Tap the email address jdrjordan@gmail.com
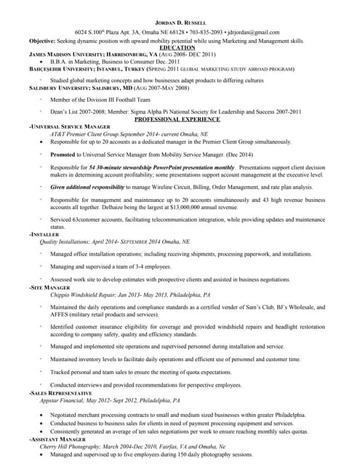click(x=253, y=33)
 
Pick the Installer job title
click(x=44, y=235)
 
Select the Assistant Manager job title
click(x=57, y=440)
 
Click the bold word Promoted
click(x=63, y=155)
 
